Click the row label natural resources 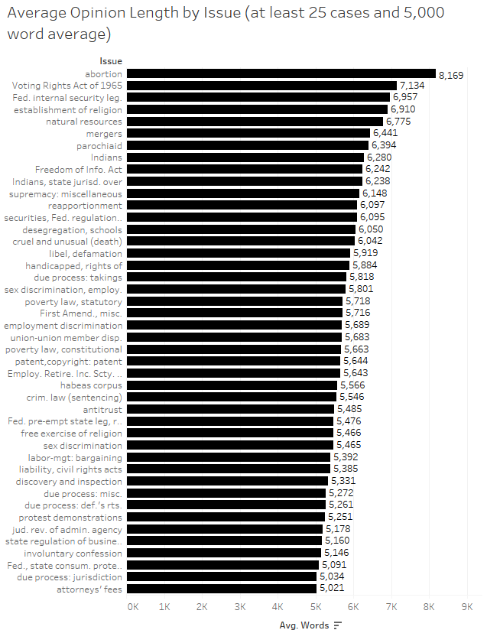point(84,122)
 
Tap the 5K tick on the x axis point(315,606)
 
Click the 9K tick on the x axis point(467,606)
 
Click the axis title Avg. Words point(304,625)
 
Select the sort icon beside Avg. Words point(338,625)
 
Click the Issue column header point(111,60)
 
